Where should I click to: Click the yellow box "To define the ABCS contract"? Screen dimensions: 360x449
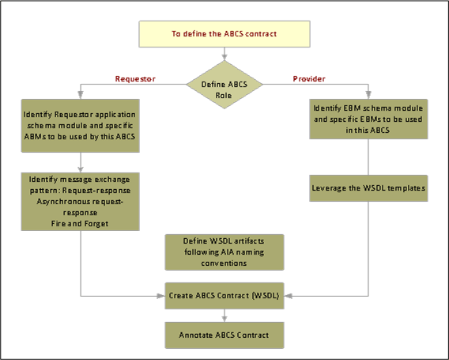click(x=225, y=33)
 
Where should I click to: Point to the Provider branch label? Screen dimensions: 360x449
click(x=309, y=78)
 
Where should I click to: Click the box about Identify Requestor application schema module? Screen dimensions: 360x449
click(x=81, y=125)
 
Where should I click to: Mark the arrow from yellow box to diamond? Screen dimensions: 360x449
click(x=225, y=54)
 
